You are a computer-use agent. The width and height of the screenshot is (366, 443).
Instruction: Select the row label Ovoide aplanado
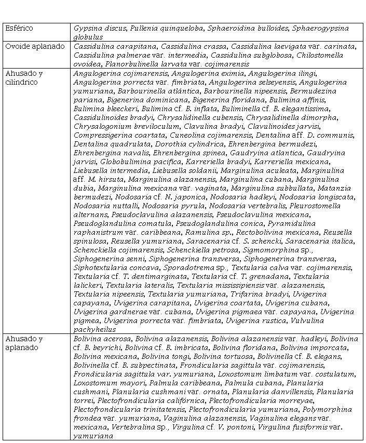(x=35, y=47)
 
